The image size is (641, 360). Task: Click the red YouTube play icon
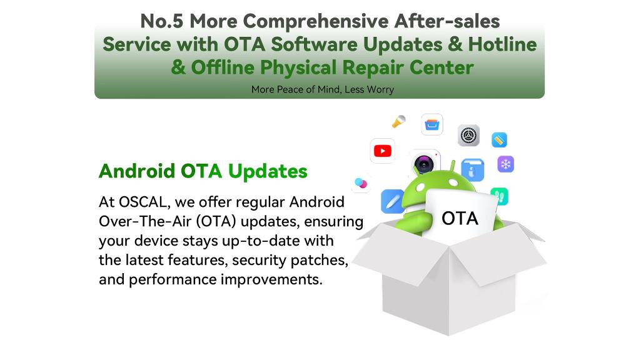pyautogui.click(x=383, y=151)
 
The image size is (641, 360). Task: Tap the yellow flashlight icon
pyautogui.click(x=398, y=121)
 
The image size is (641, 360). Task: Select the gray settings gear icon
pyautogui.click(x=468, y=135)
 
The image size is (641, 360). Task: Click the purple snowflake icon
pyautogui.click(x=506, y=164)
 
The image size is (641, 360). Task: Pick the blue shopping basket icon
pyautogui.click(x=432, y=124)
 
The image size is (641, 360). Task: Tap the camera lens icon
pyautogui.click(x=425, y=164)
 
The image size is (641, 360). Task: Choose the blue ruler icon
pyautogui.click(x=499, y=140)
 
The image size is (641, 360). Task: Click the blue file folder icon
pyautogui.click(x=473, y=170)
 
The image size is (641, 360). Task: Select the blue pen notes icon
pyautogui.click(x=393, y=201)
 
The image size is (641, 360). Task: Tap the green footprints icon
pyautogui.click(x=500, y=196)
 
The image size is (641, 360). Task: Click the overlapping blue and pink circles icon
pyautogui.click(x=361, y=182)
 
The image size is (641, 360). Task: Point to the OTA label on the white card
pyautogui.click(x=460, y=219)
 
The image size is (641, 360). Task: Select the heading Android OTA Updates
pyautogui.click(x=203, y=171)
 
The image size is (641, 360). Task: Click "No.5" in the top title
pyautogui.click(x=161, y=21)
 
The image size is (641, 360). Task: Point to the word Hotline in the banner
pyautogui.click(x=502, y=44)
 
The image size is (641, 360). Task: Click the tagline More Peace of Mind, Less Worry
pyautogui.click(x=323, y=89)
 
